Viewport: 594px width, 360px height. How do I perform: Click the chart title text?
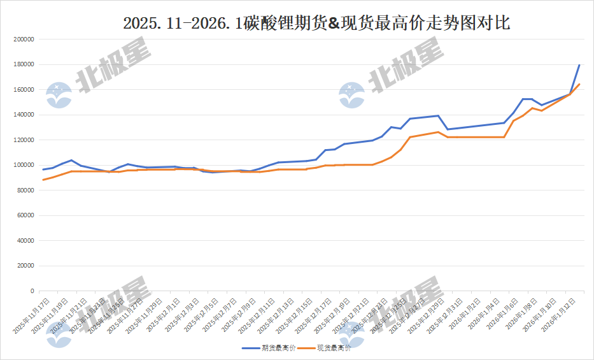pyautogui.click(x=316, y=24)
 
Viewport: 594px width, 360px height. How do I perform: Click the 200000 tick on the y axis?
pyautogui.click(x=23, y=40)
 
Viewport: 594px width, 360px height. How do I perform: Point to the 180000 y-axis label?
pyautogui.click(x=23, y=64)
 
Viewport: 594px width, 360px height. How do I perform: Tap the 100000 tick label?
pyautogui.click(x=23, y=165)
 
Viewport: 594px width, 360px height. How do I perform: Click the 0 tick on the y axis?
pyautogui.click(x=32, y=291)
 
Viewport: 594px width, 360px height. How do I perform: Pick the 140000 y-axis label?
pyautogui.click(x=23, y=115)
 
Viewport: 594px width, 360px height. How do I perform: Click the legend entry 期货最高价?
pyautogui.click(x=277, y=349)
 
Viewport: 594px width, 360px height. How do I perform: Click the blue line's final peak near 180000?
pyautogui.click(x=579, y=65)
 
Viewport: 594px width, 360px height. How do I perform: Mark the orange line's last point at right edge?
pyautogui.click(x=579, y=84)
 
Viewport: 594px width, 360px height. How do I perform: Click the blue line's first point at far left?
pyautogui.click(x=43, y=169)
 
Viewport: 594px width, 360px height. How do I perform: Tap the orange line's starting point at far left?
pyautogui.click(x=43, y=180)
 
